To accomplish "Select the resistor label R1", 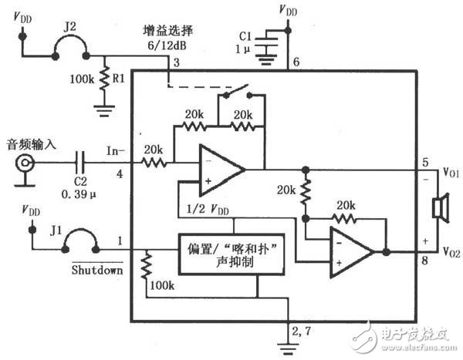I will tap(118, 79).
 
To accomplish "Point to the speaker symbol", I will tap(441, 210).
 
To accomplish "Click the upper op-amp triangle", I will tap(220, 168).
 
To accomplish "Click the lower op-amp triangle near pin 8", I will tap(351, 251).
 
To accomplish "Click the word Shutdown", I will tap(97, 271).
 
